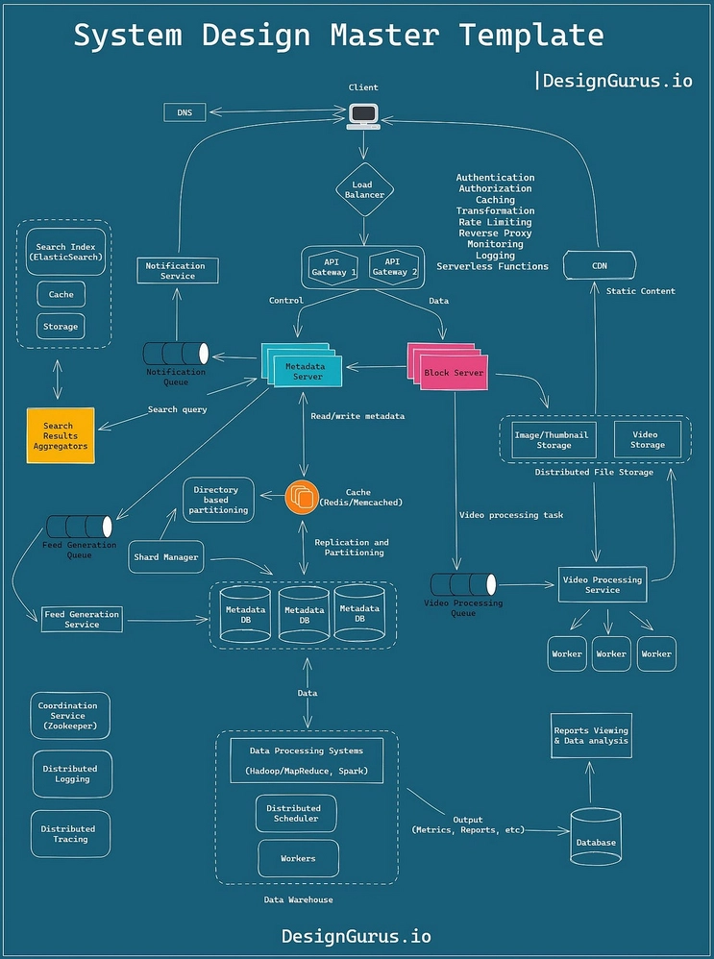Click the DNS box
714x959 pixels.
coord(185,112)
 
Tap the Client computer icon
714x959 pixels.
coord(363,115)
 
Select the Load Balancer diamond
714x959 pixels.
coord(363,189)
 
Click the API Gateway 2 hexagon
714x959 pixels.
coord(390,266)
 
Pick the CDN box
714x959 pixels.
coord(598,265)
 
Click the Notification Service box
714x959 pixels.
coord(177,271)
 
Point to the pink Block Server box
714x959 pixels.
coord(454,372)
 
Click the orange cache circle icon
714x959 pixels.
coord(301,497)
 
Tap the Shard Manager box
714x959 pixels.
coord(166,557)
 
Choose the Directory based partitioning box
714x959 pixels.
coord(219,500)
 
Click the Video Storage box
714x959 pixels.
coord(647,439)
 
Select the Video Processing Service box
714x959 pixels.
coord(603,584)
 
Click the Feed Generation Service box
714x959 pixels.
coord(83,619)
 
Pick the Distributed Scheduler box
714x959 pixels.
coord(294,813)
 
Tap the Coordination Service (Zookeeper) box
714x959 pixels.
coord(70,716)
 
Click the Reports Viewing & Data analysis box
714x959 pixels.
coord(591,736)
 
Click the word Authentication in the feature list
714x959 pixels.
coord(495,178)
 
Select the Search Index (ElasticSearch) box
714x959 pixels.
coord(64,253)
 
